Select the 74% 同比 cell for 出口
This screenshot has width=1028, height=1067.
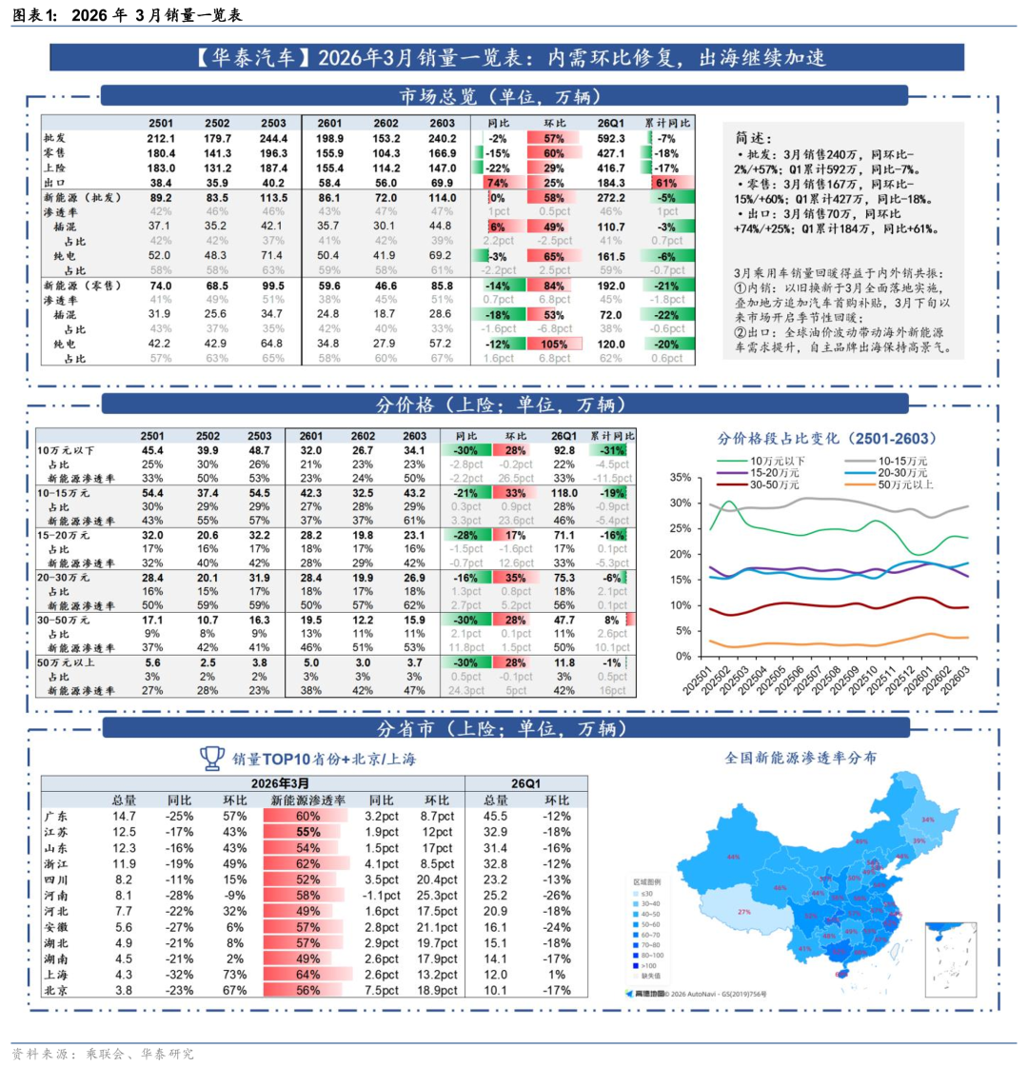coord(494,182)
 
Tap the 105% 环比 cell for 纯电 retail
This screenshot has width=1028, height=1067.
coord(554,344)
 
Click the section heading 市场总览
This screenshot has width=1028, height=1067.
coord(504,96)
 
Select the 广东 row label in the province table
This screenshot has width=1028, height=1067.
coord(56,817)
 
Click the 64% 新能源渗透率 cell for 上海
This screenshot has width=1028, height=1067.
coord(307,975)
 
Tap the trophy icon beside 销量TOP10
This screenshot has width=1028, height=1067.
coord(211,758)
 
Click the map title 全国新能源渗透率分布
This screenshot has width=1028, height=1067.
coord(801,758)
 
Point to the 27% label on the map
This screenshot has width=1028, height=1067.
coord(744,912)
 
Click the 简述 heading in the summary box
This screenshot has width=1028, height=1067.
coord(755,137)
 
